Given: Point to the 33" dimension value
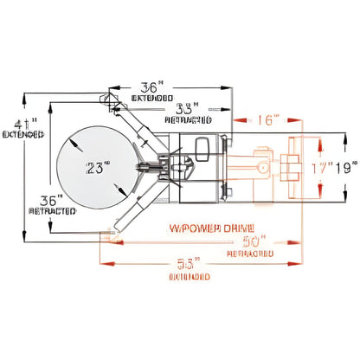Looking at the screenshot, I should (x=185, y=110).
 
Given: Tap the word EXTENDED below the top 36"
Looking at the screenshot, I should (x=153, y=99).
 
